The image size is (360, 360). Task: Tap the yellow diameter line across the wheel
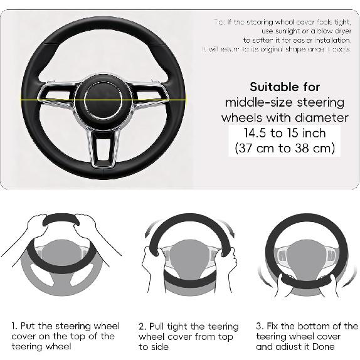point(44,98)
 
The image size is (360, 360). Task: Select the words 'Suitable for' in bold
point(285,87)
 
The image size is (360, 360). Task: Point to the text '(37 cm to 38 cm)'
point(285,149)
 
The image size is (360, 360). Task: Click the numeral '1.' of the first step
point(14,326)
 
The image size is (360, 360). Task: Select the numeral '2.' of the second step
point(142,326)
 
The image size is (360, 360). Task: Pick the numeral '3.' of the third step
point(260,326)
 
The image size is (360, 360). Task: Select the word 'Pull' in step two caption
point(159,326)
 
